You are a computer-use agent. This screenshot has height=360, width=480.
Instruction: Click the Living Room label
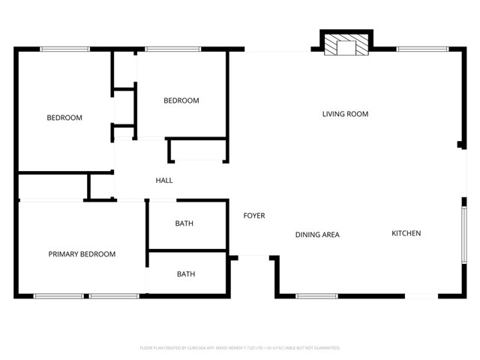pyautogui.click(x=345, y=114)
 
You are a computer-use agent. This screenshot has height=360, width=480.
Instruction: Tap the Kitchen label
pyautogui.click(x=406, y=233)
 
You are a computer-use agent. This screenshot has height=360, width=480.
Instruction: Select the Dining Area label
pyautogui.click(x=316, y=235)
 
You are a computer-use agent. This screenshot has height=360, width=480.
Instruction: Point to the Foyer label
pyautogui.click(x=254, y=216)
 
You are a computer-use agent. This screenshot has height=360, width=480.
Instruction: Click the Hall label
pyautogui.click(x=164, y=181)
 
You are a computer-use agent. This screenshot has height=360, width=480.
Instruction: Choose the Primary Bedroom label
pyautogui.click(x=82, y=254)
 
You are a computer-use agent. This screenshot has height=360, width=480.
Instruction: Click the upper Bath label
pyautogui.click(x=184, y=223)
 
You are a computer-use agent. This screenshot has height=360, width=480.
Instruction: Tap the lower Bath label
pyautogui.click(x=186, y=274)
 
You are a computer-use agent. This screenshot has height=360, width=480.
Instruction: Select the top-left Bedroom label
pyautogui.click(x=64, y=118)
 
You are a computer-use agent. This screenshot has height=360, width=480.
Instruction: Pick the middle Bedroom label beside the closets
pyautogui.click(x=181, y=100)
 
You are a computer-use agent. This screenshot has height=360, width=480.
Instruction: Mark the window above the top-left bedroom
pyautogui.click(x=64, y=49)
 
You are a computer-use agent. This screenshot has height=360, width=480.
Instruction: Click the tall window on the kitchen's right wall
pyautogui.click(x=464, y=234)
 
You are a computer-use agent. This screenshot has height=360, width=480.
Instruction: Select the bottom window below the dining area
pyautogui.click(x=316, y=296)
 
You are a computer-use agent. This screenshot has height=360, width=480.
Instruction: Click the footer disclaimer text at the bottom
pyautogui.click(x=240, y=348)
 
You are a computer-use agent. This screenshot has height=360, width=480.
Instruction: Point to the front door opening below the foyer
pyautogui.click(x=253, y=256)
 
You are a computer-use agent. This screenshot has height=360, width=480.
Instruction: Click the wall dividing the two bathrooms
pyautogui.click(x=187, y=250)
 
